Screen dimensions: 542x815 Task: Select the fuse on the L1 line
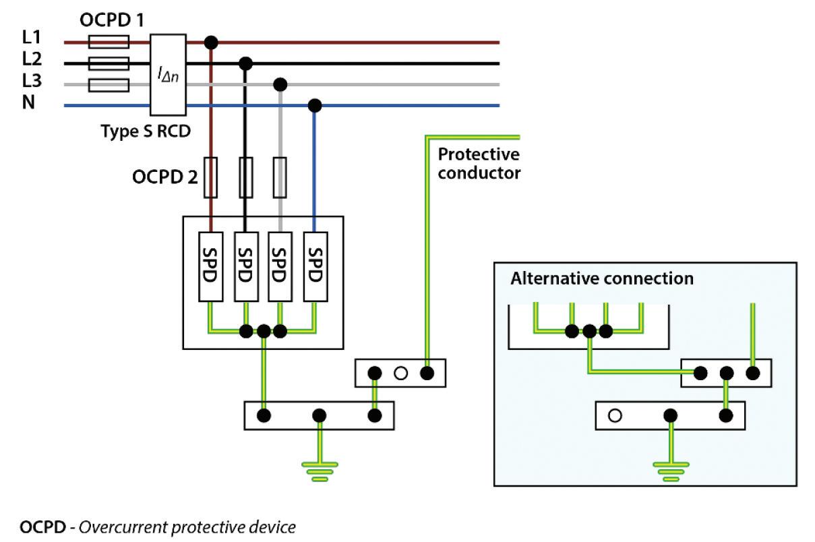tap(109, 42)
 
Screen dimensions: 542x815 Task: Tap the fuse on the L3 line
tap(109, 85)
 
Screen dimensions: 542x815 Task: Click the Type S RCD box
tap(168, 75)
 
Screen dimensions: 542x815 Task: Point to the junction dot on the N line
tap(314, 106)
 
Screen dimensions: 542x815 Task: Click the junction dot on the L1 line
tap(212, 42)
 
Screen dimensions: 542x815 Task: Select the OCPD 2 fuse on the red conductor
tap(211, 177)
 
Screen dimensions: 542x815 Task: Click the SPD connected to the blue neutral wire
tap(315, 266)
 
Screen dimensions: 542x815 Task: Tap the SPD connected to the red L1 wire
tap(211, 266)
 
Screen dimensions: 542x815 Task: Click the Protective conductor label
tap(479, 164)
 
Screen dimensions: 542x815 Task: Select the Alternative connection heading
tap(601, 278)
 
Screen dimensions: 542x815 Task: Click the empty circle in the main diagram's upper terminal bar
tap(400, 373)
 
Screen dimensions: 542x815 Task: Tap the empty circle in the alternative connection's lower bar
tap(614, 416)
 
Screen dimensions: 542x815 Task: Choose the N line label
tap(29, 104)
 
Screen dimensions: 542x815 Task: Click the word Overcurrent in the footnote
tap(117, 526)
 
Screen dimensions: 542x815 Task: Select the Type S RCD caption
tap(146, 131)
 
